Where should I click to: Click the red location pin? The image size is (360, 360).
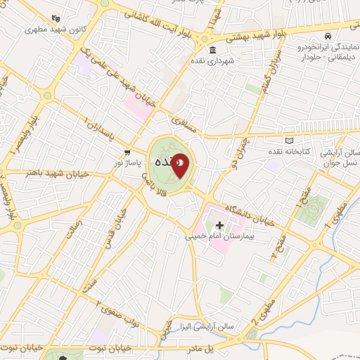180,166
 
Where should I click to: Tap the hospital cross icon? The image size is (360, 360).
219,226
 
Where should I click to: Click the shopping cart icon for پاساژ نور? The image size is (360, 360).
127,152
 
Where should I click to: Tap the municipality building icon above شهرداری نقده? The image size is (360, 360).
212,49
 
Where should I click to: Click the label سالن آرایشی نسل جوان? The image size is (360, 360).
340,157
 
